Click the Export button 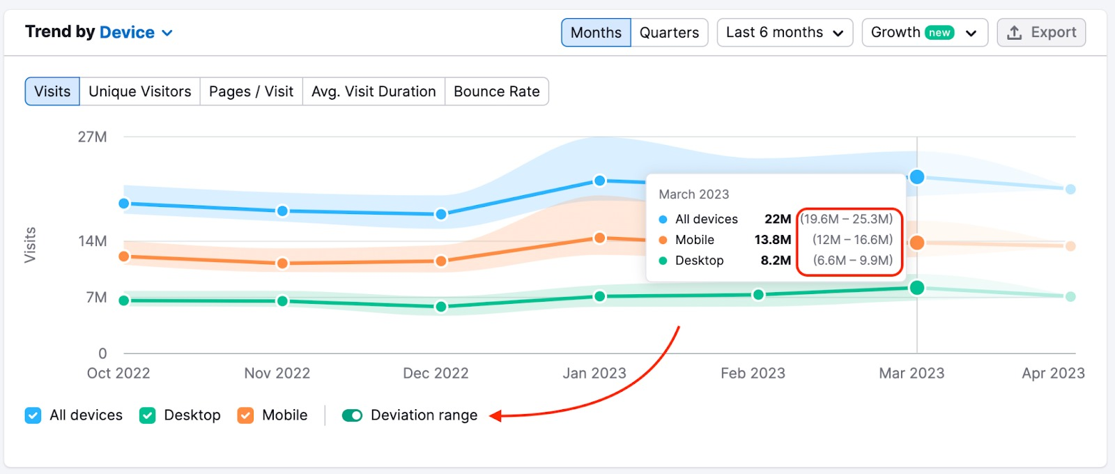click(1041, 33)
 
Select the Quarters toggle click(669, 33)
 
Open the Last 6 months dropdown click(785, 33)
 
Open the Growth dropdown click(924, 33)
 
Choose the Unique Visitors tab click(139, 91)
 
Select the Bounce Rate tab click(496, 91)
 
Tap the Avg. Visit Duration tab click(374, 91)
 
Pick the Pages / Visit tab click(251, 91)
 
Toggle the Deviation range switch click(352, 415)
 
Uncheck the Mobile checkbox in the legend click(245, 415)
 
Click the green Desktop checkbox click(148, 415)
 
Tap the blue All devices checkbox click(33, 415)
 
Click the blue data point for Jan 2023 click(599, 181)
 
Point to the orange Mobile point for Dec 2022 click(441, 261)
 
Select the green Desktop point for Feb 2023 click(758, 295)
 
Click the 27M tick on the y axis click(92, 137)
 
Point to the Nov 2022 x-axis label click(277, 373)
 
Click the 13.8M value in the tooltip click(772, 240)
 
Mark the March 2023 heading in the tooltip click(693, 194)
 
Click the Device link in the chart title click(127, 32)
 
